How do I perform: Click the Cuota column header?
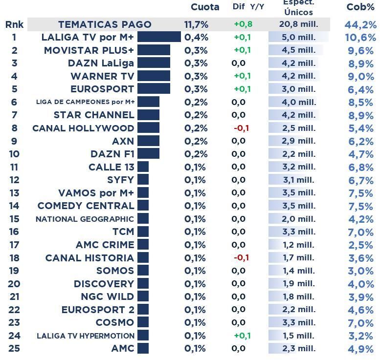[x=204, y=7]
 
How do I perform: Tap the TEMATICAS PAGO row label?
[x=105, y=24]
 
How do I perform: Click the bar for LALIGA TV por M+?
[x=159, y=37]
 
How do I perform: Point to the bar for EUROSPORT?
[x=154, y=89]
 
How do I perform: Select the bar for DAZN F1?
[x=148, y=154]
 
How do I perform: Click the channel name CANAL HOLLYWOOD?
[x=83, y=128]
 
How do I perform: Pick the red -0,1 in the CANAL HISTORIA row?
[x=242, y=257]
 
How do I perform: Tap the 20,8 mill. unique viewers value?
[x=298, y=24]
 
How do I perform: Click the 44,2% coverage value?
[x=360, y=25]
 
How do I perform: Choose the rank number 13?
[x=14, y=193]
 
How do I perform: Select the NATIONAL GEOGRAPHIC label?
[x=85, y=219]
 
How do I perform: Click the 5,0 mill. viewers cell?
[x=298, y=37]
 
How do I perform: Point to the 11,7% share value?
[x=196, y=24]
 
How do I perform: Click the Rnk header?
[x=14, y=24]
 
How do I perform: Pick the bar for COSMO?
[x=143, y=322]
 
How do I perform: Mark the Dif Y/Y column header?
[x=248, y=7]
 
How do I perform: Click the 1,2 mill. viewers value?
[x=298, y=245]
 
